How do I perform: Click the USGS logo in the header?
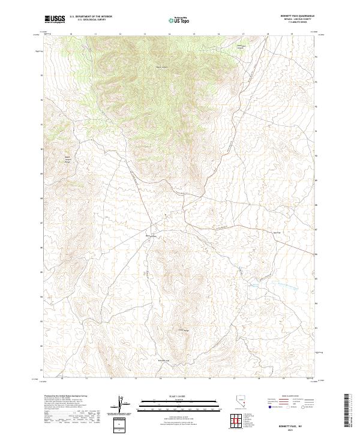point(55,19)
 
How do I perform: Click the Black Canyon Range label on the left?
point(68,160)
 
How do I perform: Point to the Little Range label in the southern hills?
point(182,330)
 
